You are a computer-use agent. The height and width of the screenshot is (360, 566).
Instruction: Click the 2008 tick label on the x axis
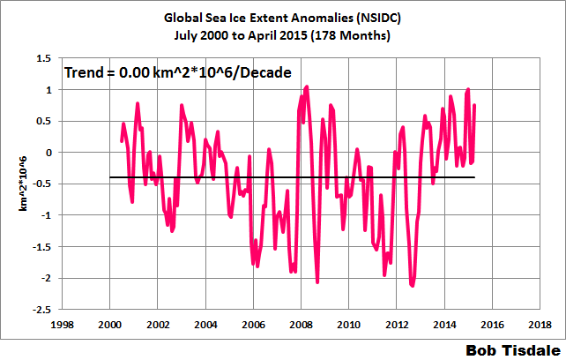click(x=301, y=325)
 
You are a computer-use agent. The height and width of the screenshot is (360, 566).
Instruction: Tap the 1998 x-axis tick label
click(x=62, y=325)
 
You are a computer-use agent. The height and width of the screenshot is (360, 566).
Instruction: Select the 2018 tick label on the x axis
click(x=540, y=325)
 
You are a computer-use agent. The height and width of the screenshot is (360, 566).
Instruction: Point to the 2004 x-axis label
click(x=205, y=325)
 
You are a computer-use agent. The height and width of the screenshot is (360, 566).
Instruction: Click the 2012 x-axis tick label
click(x=397, y=325)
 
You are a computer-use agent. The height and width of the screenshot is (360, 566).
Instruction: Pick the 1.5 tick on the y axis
click(x=41, y=58)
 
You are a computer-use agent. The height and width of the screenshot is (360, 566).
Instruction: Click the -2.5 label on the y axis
click(x=40, y=310)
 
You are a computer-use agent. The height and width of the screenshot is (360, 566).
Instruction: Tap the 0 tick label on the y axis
click(x=48, y=153)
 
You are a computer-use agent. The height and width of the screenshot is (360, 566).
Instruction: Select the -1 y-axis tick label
click(x=44, y=215)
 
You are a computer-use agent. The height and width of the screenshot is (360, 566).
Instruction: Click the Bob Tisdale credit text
click(x=510, y=349)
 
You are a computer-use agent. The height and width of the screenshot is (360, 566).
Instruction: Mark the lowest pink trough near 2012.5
click(x=413, y=286)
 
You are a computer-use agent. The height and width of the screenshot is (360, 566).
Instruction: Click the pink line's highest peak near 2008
click(x=306, y=86)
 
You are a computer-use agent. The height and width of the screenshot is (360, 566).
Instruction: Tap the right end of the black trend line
click(x=475, y=177)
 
